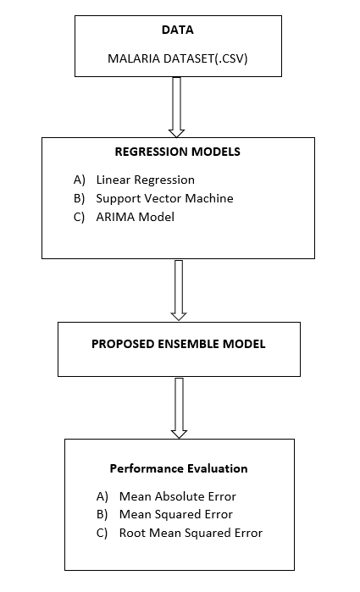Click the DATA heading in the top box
point(178,30)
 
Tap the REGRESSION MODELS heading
point(178,153)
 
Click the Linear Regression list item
point(146,180)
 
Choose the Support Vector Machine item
point(164,198)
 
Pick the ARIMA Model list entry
point(136,216)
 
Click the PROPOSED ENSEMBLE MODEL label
point(178,345)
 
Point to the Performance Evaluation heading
point(179,468)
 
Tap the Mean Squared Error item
point(176,514)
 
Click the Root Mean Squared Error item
point(191,533)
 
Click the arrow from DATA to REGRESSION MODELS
point(176,107)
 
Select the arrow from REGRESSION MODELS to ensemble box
point(179,290)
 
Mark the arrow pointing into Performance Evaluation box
point(179,407)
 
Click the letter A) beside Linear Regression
point(80,180)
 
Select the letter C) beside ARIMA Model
point(80,216)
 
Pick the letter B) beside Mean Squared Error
point(102,514)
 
